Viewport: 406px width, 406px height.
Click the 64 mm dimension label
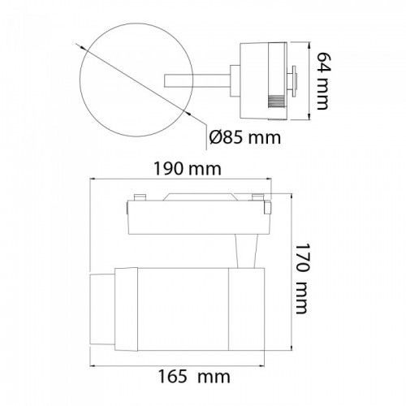(324, 80)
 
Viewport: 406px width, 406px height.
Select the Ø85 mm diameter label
(245, 137)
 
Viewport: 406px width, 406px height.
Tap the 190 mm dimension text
(188, 168)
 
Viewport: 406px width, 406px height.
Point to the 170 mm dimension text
(302, 279)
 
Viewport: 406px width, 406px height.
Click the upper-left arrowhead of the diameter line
(82, 47)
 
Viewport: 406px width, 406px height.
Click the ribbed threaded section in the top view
(276, 103)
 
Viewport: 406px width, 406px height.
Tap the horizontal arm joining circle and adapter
(197, 80)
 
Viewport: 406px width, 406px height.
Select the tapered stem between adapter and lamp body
(246, 251)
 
